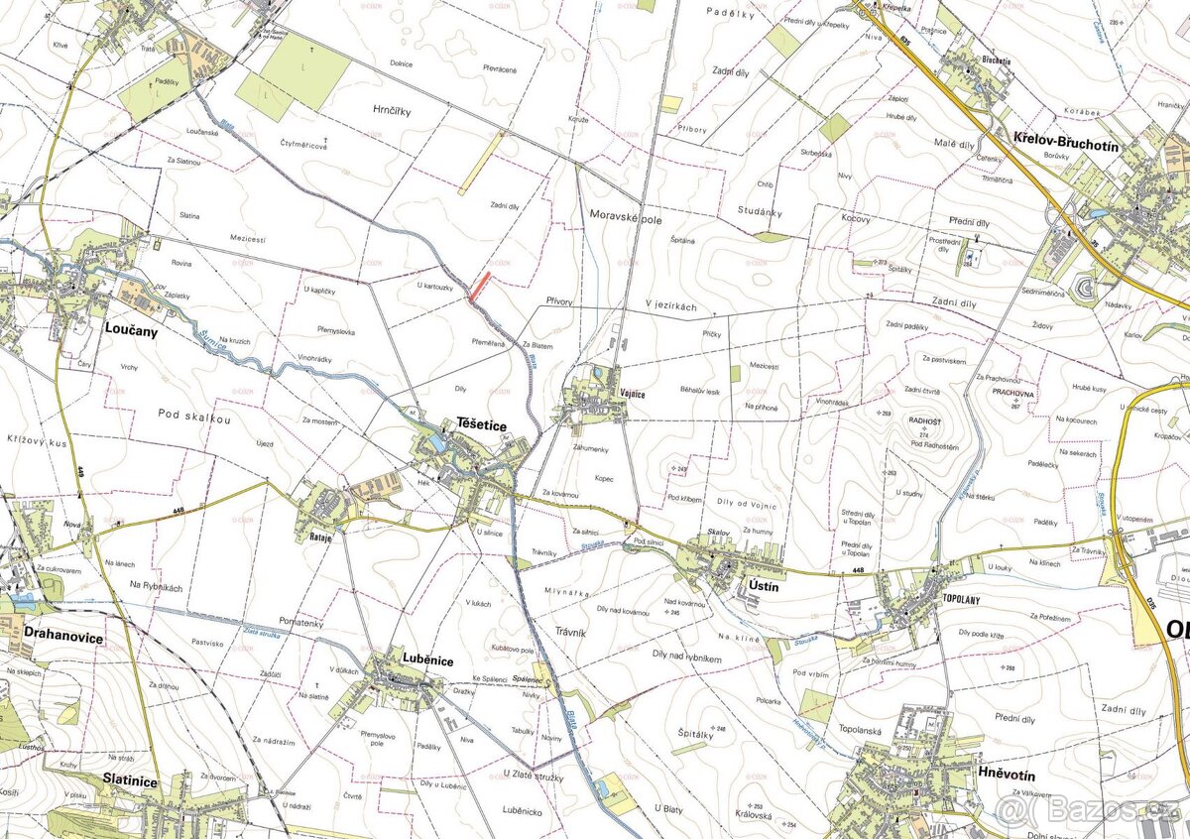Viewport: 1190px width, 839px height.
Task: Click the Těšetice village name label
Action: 481,424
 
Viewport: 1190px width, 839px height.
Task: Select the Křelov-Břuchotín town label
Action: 1065,145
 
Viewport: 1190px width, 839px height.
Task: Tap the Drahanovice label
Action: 63,637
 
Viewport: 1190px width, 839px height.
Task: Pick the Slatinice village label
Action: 130,781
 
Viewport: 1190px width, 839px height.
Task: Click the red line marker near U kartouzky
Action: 479,287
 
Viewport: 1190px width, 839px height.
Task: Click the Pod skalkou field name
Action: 194,419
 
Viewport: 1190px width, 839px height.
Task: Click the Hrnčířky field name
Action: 392,111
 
